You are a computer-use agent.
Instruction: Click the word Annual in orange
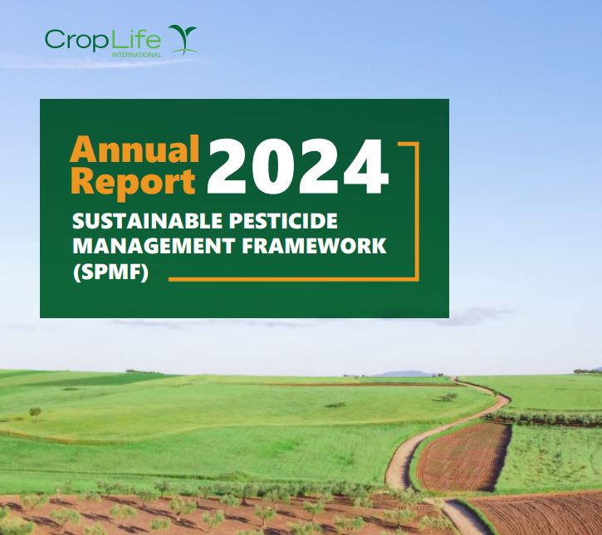[x=135, y=149]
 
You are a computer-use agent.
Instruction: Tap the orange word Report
[x=133, y=183]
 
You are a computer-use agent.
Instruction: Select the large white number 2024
[x=298, y=166]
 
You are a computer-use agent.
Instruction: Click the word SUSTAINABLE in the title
[x=148, y=221]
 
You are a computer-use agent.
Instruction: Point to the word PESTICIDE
[x=283, y=221]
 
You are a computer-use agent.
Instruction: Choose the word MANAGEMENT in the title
[x=154, y=246]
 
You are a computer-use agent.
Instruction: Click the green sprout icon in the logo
[x=184, y=39]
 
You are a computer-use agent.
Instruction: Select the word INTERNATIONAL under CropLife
[x=136, y=55]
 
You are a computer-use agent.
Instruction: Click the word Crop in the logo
[x=76, y=40]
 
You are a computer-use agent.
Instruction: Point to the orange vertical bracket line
[x=417, y=211]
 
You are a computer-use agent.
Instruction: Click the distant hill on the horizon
[x=403, y=373]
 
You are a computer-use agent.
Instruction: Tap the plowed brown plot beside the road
[x=464, y=457]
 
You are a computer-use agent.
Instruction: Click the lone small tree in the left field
[x=36, y=412]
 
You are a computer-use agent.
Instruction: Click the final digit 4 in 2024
[x=366, y=166]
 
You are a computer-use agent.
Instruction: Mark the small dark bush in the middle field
[x=335, y=405]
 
